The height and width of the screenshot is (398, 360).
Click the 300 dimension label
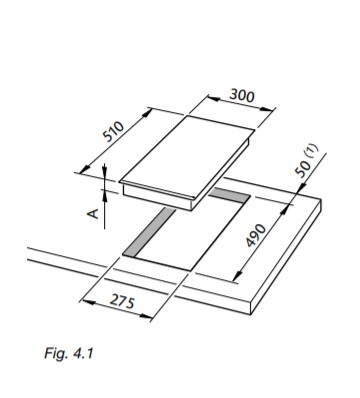(x=242, y=96)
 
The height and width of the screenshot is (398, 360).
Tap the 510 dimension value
(x=113, y=131)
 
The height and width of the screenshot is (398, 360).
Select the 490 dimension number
(x=256, y=236)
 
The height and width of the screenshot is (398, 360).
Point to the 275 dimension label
(x=122, y=301)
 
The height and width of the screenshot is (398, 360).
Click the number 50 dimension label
(x=303, y=169)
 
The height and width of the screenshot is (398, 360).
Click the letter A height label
(x=94, y=213)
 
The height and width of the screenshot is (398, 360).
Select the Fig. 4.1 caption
(x=69, y=353)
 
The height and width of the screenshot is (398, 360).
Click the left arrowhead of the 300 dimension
(x=214, y=99)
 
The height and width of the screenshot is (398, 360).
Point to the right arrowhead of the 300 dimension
(x=267, y=109)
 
